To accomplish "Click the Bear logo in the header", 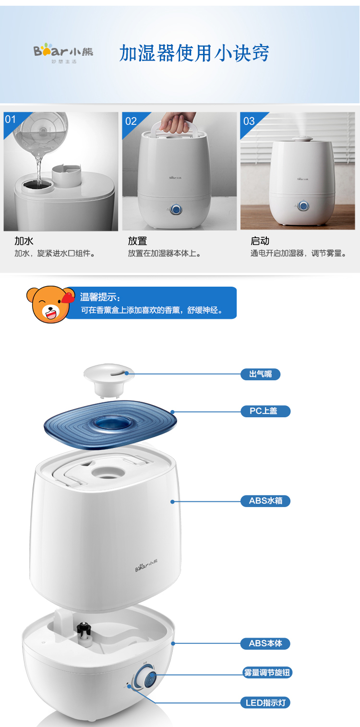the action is (63, 52).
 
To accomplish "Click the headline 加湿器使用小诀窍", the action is (194, 53).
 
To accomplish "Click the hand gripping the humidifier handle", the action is (177, 122).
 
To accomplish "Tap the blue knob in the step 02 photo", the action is (176, 209).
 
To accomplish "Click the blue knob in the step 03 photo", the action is (303, 206).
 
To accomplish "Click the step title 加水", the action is (24, 241).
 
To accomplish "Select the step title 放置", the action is (137, 241).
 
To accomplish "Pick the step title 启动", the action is (260, 241).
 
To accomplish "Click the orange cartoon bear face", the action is (50, 304).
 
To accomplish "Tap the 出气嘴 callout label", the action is (261, 374).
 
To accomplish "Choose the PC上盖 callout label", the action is (265, 411).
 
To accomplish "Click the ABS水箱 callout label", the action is (265, 501).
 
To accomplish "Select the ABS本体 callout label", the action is (265, 643).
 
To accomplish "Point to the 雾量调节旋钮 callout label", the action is (267, 672).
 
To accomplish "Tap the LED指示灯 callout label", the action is (265, 703).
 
